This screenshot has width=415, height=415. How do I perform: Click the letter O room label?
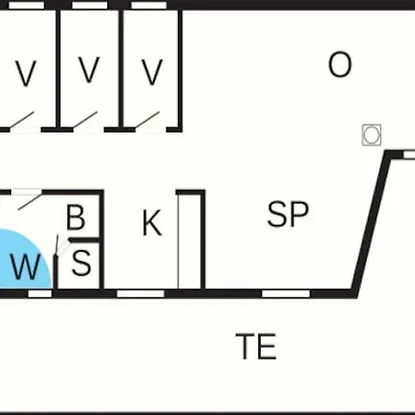pyautogui.click(x=339, y=65)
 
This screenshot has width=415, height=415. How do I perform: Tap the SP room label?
pyautogui.click(x=288, y=214)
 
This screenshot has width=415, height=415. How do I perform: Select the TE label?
pyautogui.click(x=256, y=347)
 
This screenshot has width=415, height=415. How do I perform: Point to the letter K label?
pyautogui.click(x=152, y=223)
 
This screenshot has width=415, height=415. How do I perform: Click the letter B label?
pyautogui.click(x=76, y=218)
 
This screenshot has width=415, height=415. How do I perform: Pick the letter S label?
pyautogui.click(x=81, y=263)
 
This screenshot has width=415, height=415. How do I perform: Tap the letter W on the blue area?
pyautogui.click(x=26, y=267)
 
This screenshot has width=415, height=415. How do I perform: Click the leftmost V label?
pyautogui.click(x=26, y=73)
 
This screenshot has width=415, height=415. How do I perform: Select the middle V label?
pyautogui.click(x=89, y=70)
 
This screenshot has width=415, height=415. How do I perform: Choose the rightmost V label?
pyautogui.click(x=152, y=72)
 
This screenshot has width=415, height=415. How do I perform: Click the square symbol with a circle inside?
pyautogui.click(x=372, y=135)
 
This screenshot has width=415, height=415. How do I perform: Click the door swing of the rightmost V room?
pyautogui.click(x=148, y=120)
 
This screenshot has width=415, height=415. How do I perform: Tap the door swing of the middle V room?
pyautogui.click(x=85, y=120)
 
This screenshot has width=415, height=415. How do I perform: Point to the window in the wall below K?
pyautogui.click(x=140, y=293)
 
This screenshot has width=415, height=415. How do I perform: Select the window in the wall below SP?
pyautogui.click(x=286, y=293)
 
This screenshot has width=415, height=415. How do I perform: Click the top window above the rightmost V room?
pyautogui.click(x=148, y=6)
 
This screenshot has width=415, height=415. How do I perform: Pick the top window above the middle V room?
pyautogui.click(x=89, y=6)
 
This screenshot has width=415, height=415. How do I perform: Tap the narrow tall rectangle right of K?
pyautogui.click(x=191, y=240)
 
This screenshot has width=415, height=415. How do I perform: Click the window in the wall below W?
pyautogui.click(x=40, y=293)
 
